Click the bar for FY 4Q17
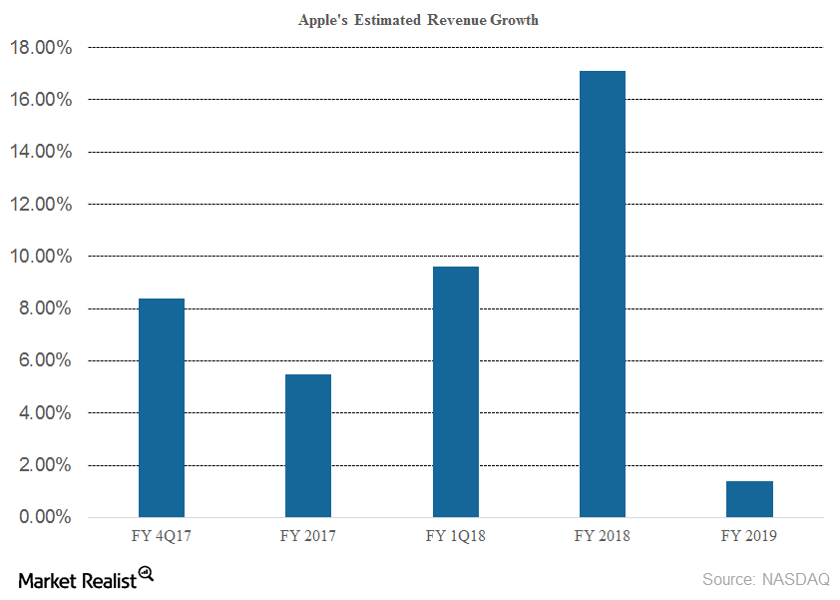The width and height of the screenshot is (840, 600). (x=161, y=407)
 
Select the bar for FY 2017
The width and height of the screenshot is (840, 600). (x=308, y=445)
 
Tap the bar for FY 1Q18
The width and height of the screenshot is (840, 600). (x=455, y=391)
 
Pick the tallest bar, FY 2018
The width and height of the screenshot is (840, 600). (x=602, y=294)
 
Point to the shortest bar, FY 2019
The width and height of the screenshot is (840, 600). (x=749, y=499)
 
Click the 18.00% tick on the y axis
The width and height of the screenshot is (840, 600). (x=41, y=47)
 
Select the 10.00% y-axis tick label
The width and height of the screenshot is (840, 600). (x=41, y=257)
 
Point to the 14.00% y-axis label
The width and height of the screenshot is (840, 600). (x=41, y=152)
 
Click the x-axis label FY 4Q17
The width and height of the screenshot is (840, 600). (x=161, y=536)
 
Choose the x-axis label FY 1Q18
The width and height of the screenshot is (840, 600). (x=455, y=536)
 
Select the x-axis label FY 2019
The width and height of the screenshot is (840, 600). (x=749, y=536)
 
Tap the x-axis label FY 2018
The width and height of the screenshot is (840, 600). (x=602, y=536)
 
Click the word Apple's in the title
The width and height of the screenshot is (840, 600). (x=324, y=20)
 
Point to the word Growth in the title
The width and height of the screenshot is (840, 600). (x=513, y=20)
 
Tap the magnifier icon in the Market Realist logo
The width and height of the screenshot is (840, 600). (x=146, y=573)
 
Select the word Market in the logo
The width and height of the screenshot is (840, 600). (x=46, y=580)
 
